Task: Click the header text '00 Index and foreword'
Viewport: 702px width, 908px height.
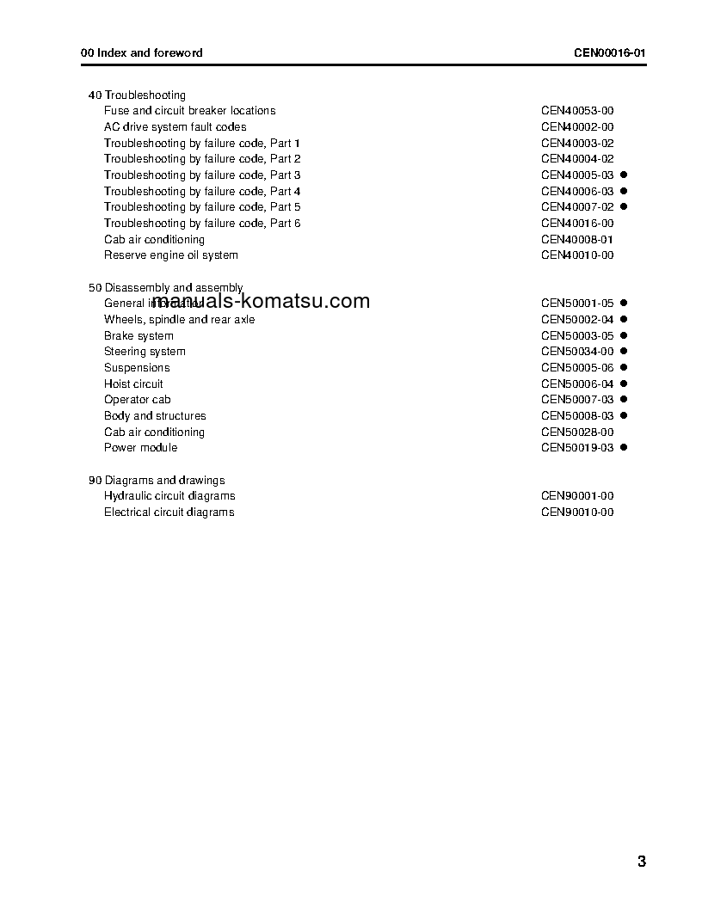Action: (142, 52)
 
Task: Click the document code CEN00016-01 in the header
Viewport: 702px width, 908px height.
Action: (610, 52)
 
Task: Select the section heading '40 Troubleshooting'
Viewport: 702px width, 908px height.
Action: (137, 95)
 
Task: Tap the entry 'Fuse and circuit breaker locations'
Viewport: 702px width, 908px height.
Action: (189, 111)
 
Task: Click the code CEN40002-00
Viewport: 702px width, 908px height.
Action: (577, 127)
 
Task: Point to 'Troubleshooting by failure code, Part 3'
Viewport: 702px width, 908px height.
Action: (202, 175)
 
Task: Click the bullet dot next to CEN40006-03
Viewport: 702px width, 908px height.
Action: (624, 191)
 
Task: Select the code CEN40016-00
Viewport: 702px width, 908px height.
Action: (577, 224)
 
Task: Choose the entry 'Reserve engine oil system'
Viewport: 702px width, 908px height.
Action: (171, 255)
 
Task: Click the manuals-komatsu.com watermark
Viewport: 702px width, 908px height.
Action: (261, 301)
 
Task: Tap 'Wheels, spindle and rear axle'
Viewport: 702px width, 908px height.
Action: (179, 320)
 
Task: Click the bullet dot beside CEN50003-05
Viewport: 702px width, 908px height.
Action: (624, 335)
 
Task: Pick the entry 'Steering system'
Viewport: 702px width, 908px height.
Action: (145, 352)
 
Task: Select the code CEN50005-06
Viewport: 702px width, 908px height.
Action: (577, 368)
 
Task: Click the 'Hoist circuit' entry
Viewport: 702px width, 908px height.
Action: (133, 384)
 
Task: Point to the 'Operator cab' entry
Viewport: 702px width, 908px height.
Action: (138, 400)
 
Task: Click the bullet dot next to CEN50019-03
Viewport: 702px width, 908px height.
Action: (624, 448)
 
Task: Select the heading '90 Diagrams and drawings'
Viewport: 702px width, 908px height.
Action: (157, 481)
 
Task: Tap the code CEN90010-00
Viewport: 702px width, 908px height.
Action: (577, 512)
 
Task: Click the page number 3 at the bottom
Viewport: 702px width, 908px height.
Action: (642, 862)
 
